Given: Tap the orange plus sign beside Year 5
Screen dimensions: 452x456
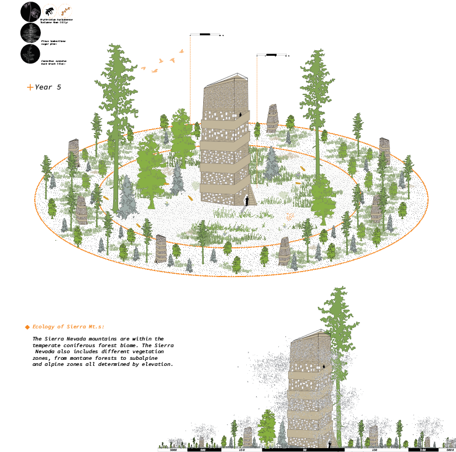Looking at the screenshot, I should coord(30,87).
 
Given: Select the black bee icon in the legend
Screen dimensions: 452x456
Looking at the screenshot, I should coord(49,10).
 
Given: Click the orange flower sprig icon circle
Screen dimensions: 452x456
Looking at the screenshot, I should coord(65,10).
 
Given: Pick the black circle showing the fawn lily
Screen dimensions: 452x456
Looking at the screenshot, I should coord(31,11).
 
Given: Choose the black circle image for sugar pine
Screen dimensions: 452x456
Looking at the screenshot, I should coord(30,33).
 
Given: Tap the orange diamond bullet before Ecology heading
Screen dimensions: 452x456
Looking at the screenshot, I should coord(27,327).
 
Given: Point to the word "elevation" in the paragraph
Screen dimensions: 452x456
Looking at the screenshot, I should coord(157,364).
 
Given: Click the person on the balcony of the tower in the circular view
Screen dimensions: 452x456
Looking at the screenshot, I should coord(240,115).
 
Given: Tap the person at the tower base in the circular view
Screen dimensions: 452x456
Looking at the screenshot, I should coord(247,200).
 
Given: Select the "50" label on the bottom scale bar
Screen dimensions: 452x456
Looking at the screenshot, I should coord(304,450).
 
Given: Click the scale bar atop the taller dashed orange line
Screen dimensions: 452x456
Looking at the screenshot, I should coord(206,35).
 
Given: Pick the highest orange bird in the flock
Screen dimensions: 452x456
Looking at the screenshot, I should coord(181,51).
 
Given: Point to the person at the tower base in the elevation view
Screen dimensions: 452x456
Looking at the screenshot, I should coord(330,443).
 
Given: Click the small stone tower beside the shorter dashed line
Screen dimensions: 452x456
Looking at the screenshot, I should coord(272,118).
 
